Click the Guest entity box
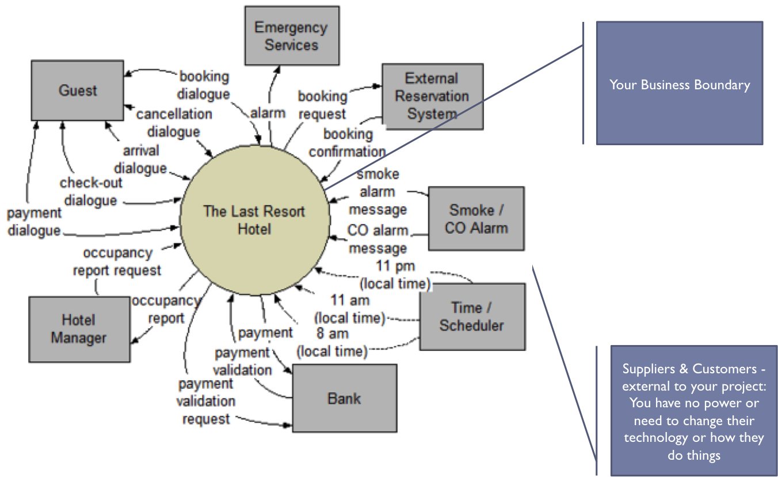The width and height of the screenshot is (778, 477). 77,90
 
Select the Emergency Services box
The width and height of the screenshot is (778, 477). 291,36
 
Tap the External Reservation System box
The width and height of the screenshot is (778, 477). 432,96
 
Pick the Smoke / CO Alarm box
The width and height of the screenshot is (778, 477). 476,218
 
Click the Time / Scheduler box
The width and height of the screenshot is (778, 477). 471,316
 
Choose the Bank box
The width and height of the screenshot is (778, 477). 344,398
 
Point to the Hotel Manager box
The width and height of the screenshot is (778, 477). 79,329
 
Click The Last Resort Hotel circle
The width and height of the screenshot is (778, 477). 254,219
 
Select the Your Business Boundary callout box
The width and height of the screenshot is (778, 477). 679,84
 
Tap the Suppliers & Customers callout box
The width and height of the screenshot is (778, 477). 693,411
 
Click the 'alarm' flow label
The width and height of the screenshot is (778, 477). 268,113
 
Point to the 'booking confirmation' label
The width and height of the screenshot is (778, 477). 348,143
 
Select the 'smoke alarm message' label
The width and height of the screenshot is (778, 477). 377,192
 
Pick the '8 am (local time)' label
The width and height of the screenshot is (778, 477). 332,342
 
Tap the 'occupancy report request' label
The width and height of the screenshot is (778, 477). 117,262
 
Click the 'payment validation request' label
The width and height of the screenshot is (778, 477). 205,401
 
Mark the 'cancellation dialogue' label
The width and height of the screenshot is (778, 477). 174,123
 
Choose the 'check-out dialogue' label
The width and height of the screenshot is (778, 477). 90,192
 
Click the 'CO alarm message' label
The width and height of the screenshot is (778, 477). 377,240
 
